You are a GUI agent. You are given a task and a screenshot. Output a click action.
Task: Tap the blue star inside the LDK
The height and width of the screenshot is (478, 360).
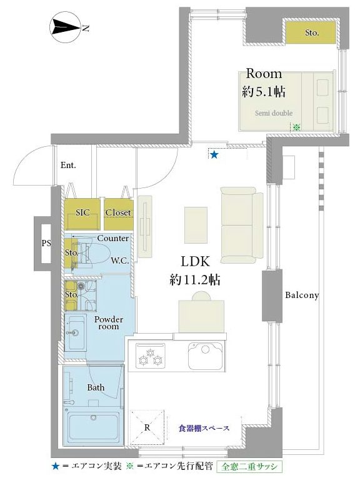pyautogui.click(x=214, y=155)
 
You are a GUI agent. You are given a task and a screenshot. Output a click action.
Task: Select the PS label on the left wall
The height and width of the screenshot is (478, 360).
pyautogui.click(x=46, y=243)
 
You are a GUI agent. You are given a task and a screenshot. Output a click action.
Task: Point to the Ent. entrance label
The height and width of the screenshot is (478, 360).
pyautogui.click(x=68, y=165)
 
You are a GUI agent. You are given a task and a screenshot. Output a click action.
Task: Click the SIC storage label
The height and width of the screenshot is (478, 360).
pyautogui.click(x=82, y=212)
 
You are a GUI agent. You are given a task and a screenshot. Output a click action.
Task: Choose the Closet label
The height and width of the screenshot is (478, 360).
pyautogui.click(x=118, y=212)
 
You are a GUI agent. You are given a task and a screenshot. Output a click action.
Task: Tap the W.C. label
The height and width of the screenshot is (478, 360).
pyautogui.click(x=120, y=261)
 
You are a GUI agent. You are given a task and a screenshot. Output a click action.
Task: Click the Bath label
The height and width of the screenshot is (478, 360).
pyautogui.click(x=96, y=387)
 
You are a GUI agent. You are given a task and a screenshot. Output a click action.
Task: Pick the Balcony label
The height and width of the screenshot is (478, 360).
pyautogui.click(x=302, y=295)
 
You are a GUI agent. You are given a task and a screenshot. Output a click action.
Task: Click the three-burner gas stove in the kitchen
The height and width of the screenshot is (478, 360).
pyautogui.click(x=151, y=356)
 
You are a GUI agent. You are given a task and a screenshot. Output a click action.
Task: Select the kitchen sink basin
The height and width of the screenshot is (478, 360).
pyautogui.click(x=205, y=356)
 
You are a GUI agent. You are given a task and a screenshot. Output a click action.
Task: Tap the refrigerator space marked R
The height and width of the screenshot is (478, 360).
pyautogui.click(x=147, y=427)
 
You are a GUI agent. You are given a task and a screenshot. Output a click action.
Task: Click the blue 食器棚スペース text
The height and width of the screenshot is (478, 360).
pyautogui.click(x=204, y=428)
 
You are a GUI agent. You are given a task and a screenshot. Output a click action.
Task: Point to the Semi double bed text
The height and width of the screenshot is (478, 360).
pyautogui.click(x=274, y=113)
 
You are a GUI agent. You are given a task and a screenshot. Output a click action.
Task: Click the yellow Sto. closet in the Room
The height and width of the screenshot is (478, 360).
pyautogui.click(x=311, y=32)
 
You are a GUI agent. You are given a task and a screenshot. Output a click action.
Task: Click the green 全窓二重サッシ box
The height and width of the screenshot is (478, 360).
pyautogui.click(x=249, y=466)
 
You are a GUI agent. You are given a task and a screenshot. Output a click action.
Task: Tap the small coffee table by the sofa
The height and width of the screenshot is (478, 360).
pyautogui.click(x=196, y=225)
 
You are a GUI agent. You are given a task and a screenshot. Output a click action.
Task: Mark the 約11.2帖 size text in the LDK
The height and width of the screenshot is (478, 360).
pyautogui.click(x=195, y=279)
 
